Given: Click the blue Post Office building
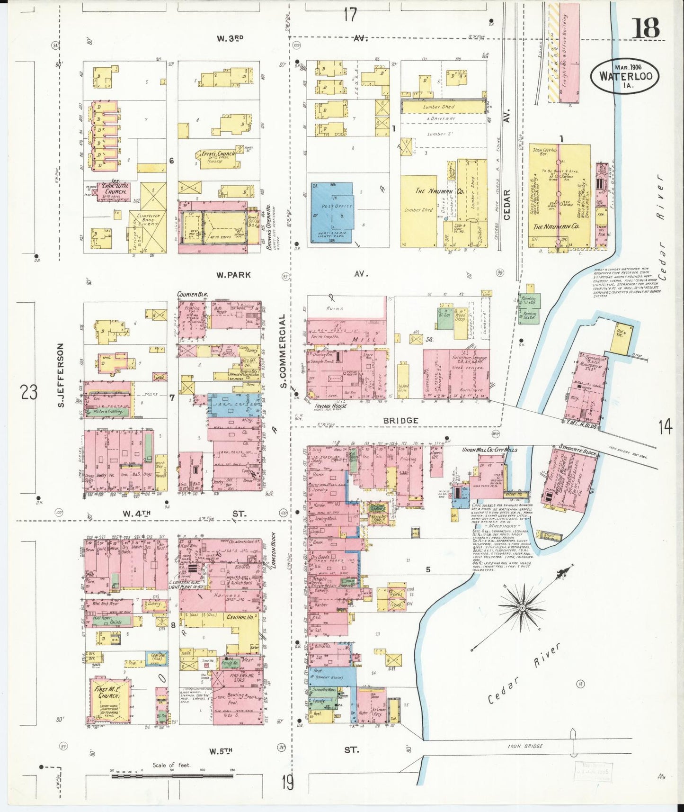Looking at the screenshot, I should pyautogui.click(x=332, y=213).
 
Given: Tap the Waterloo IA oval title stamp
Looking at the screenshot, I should pyautogui.click(x=624, y=76).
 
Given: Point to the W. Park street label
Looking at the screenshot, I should pyautogui.click(x=234, y=275).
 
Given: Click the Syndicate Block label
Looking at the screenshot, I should pyautogui.click(x=577, y=449).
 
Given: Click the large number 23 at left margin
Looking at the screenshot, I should pyautogui.click(x=28, y=392).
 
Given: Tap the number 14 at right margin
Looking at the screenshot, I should pyautogui.click(x=665, y=427).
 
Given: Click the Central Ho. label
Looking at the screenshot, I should pyautogui.click(x=240, y=618).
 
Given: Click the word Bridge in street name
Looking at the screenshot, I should pyautogui.click(x=400, y=421).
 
